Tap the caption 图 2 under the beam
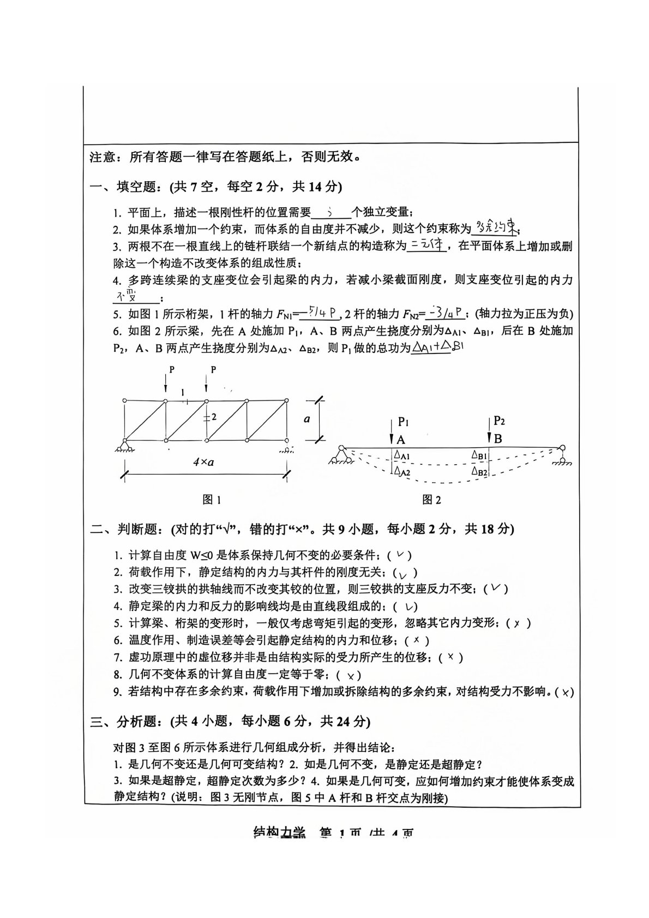coord(431,499)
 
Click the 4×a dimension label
coord(203,461)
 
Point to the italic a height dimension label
coord(307,419)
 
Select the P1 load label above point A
coord(403,421)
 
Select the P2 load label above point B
coord(499,421)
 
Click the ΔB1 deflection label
coord(479,454)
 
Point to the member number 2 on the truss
coord(214,417)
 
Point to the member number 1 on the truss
coord(182,392)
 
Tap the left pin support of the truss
coord(125,445)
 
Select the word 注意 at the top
coord(103,158)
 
